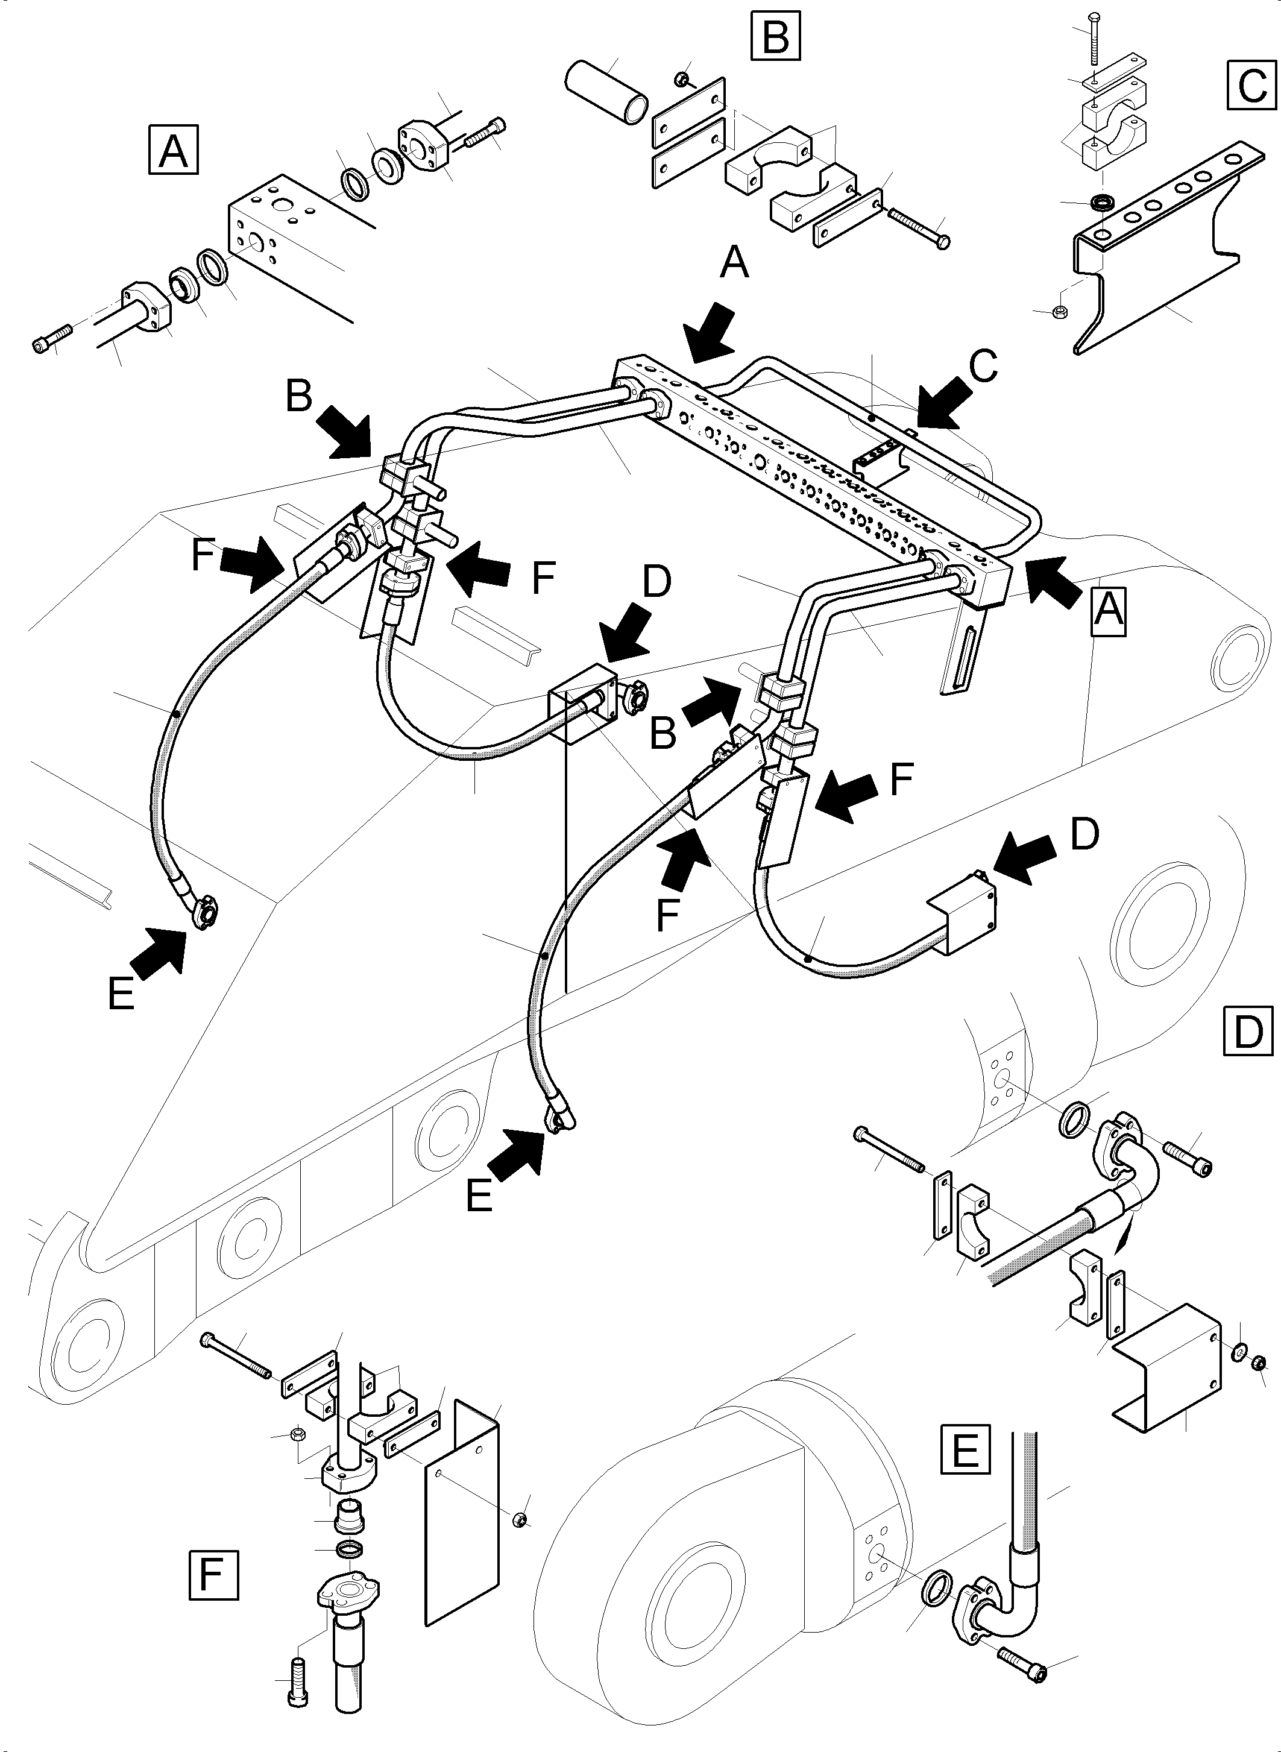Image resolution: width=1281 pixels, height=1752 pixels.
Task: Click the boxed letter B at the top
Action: pos(775,36)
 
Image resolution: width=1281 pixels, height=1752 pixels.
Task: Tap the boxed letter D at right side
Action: pos(1248,1031)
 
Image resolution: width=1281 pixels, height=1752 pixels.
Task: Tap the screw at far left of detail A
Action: pos(51,339)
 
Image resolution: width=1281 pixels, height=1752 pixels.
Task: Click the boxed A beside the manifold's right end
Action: pos(1107,611)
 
